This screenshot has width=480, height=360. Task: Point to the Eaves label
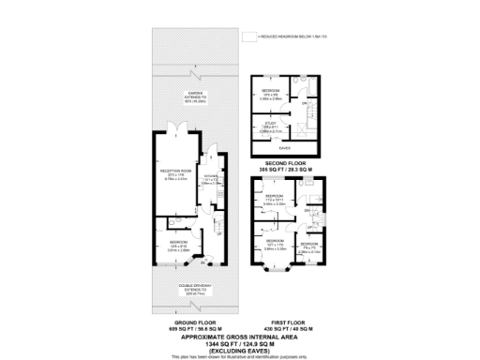click(285, 147)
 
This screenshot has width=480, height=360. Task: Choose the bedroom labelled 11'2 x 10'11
click(274, 198)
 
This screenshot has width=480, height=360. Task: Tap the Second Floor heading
click(287, 162)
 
